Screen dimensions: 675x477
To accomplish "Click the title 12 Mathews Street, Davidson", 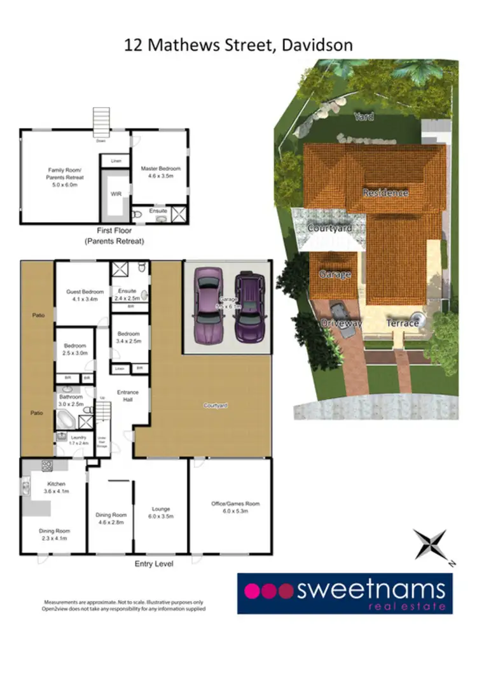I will (239, 45).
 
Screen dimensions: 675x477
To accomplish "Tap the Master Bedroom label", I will (160, 172).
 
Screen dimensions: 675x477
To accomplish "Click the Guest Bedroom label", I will (81, 295).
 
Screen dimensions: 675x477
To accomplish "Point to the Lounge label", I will (160, 512).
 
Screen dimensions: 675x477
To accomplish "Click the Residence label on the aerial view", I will (385, 192).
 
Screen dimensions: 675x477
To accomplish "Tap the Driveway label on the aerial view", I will (341, 323).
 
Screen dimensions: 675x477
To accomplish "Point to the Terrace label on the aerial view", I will (402, 323).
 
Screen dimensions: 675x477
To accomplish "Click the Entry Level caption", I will (154, 564).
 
